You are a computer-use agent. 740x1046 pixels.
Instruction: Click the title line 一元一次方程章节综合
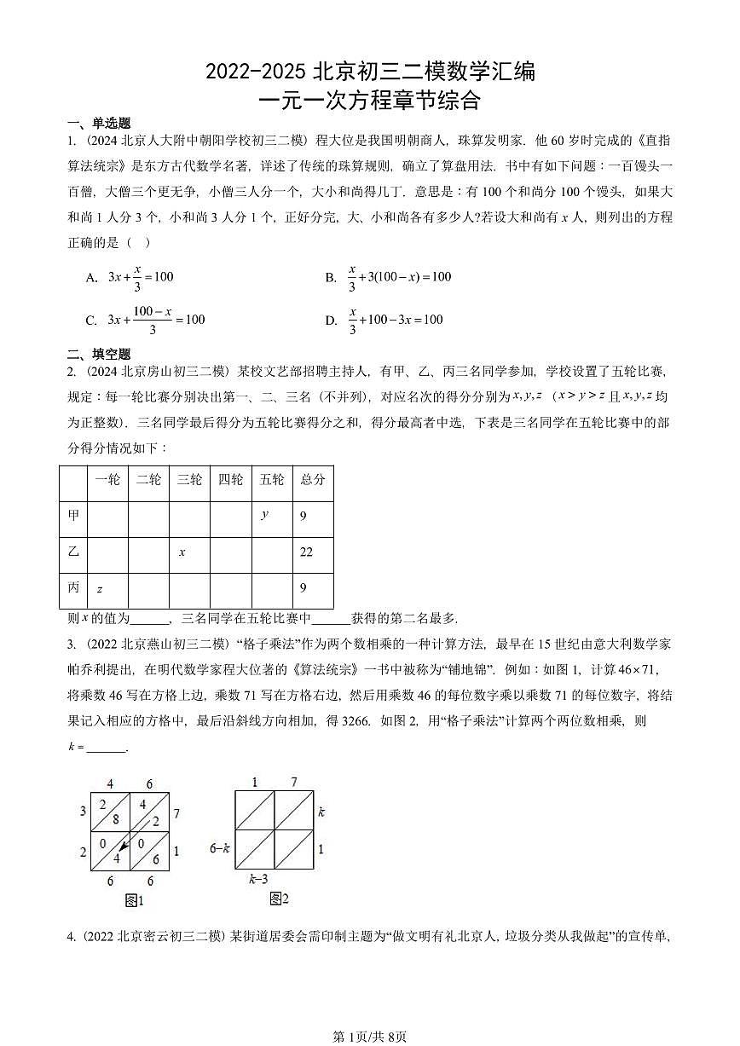[x=369, y=101]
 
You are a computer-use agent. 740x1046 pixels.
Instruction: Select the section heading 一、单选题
[x=99, y=124]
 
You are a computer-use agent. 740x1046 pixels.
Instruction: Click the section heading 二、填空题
[x=99, y=354]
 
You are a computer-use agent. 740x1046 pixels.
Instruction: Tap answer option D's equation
[x=396, y=321]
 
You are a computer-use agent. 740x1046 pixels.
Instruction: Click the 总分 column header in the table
[x=313, y=480]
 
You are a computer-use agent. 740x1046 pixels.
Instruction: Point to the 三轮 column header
[x=189, y=480]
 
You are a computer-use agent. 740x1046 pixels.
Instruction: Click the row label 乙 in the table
[x=73, y=552]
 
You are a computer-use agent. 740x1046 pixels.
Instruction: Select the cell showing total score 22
[x=306, y=552]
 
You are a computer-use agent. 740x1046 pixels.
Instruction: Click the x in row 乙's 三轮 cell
[x=182, y=552]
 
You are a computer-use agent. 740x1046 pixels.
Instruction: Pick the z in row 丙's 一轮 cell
[x=100, y=588]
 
